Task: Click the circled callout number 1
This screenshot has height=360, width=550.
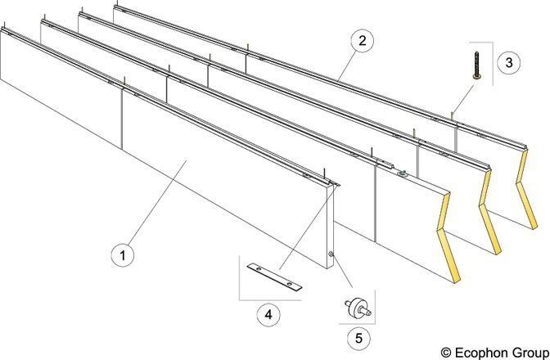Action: coord(123,254)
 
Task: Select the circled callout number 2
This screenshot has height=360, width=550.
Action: coord(362,41)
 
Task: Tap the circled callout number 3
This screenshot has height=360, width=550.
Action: coord(508,62)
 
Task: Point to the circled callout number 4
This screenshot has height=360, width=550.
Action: coord(268,314)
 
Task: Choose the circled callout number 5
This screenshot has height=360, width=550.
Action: coord(358,338)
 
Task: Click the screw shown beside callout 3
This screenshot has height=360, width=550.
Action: coord(476,65)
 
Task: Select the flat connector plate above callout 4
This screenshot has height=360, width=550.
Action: coord(274,277)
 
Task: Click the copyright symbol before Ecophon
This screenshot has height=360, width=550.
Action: coord(446,353)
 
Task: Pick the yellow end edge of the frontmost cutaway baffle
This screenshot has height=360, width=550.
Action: coord(449,237)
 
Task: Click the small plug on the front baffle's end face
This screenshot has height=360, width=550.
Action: coord(331,254)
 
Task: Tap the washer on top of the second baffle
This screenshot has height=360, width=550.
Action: coord(403,173)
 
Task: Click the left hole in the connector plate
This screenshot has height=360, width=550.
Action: coord(259,269)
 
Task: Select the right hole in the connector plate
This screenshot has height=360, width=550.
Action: coord(289,284)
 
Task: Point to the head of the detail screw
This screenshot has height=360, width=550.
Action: coord(476,76)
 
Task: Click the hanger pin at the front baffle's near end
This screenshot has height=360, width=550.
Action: coord(325,173)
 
